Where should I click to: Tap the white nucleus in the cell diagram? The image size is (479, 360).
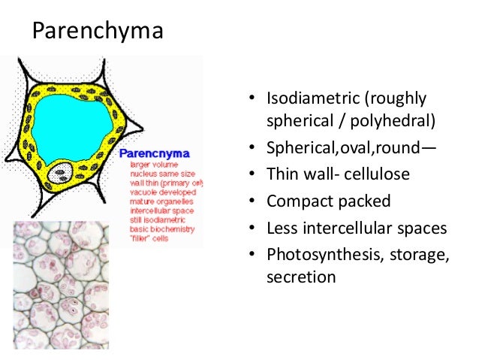click(58, 176)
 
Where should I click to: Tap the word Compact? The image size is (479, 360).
click(296, 201)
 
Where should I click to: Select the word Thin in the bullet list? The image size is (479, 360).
click(282, 174)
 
